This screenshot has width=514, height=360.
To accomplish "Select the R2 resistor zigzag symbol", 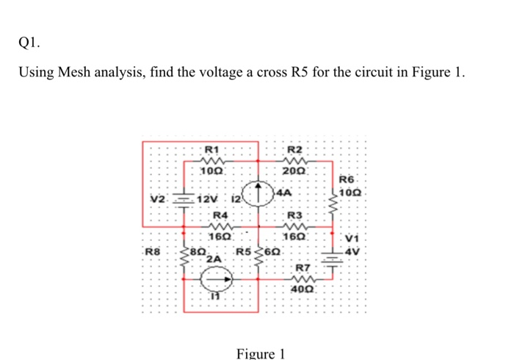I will (294, 163).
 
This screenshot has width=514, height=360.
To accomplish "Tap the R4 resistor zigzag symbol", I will (220, 226).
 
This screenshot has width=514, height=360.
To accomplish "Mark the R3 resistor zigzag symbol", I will (295, 226).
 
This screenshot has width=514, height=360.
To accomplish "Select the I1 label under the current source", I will (215, 296).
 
